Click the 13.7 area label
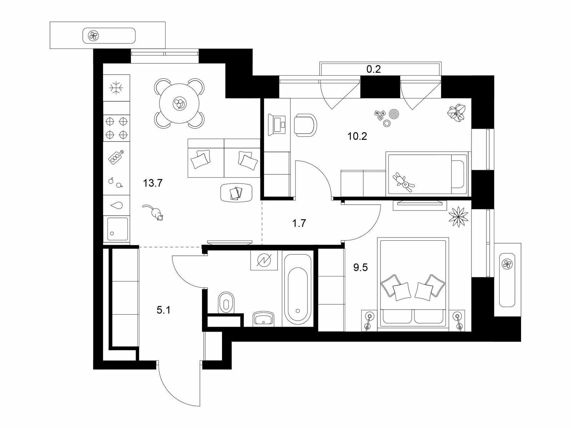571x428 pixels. pos(153,183)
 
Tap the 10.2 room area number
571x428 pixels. pos(357,136)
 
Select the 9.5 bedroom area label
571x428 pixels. pos(360,267)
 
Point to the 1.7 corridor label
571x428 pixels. pos(299,223)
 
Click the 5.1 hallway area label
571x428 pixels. pos(163,310)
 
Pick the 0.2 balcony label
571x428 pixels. pos(374,69)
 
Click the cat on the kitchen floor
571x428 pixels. pos(153,212)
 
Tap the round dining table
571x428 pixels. pos(179,103)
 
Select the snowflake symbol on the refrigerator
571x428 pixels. pos(116,88)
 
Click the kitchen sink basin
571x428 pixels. pos(118,229)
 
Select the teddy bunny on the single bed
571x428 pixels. pos(404,182)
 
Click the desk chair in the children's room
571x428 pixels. pos(305,125)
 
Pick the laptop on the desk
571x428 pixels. pos(277,124)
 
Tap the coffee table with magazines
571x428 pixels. pos(236,193)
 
